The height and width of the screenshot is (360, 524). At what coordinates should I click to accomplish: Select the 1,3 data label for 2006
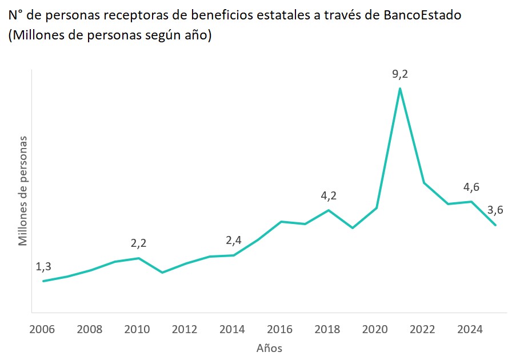pyautogui.click(x=43, y=266)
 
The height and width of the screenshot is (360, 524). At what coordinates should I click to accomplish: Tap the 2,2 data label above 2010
pyautogui.click(x=138, y=243)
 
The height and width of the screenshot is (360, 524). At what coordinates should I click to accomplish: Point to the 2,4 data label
pyautogui.click(x=234, y=240)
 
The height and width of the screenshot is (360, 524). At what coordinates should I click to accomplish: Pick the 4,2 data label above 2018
pyautogui.click(x=329, y=196)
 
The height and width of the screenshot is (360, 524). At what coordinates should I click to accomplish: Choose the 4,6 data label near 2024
pyautogui.click(x=471, y=187)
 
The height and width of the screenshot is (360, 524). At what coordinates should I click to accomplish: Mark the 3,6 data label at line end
pyautogui.click(x=495, y=210)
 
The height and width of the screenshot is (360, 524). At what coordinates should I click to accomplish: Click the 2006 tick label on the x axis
pyautogui.click(x=43, y=330)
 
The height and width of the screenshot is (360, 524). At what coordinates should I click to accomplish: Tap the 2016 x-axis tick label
pyautogui.click(x=281, y=330)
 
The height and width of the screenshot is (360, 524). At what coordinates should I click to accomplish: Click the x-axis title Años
pyautogui.click(x=269, y=348)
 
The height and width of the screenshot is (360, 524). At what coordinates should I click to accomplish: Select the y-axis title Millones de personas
pyautogui.click(x=23, y=191)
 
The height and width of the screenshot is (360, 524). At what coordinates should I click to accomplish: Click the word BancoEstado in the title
pyautogui.click(x=420, y=15)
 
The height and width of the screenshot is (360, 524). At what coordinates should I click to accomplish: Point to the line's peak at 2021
pyautogui.click(x=400, y=88)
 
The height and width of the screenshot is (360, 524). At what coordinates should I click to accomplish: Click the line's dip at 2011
pyautogui.click(x=162, y=273)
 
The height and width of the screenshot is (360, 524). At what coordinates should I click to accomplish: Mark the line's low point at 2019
pyautogui.click(x=353, y=228)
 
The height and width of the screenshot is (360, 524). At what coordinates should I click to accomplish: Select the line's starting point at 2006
pyautogui.click(x=43, y=281)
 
